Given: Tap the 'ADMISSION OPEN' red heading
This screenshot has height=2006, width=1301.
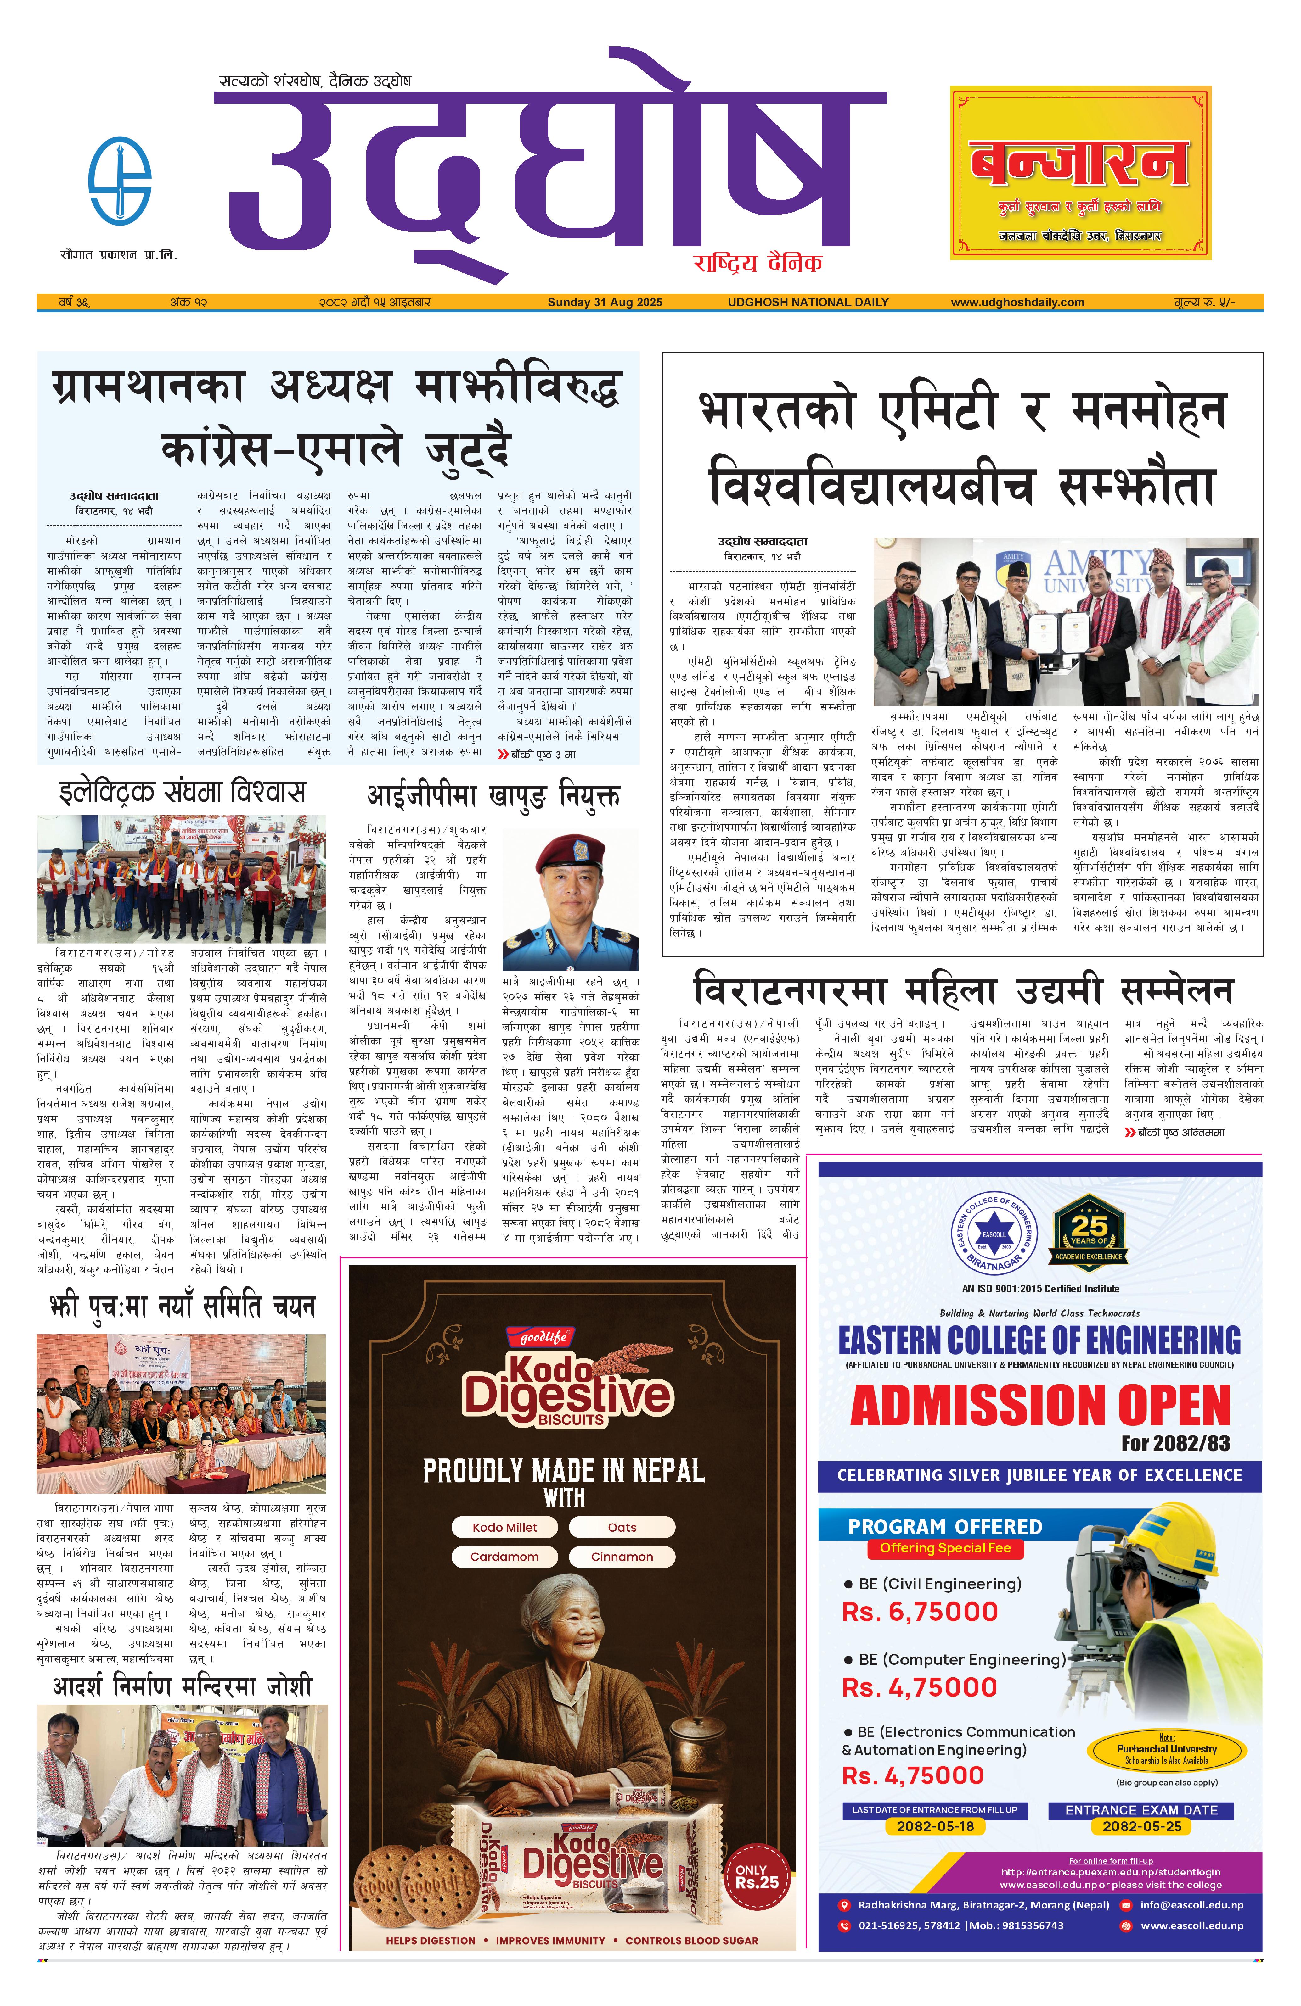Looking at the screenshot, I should tap(1039, 1406).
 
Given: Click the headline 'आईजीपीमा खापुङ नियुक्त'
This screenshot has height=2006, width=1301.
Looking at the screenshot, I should tap(493, 795).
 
